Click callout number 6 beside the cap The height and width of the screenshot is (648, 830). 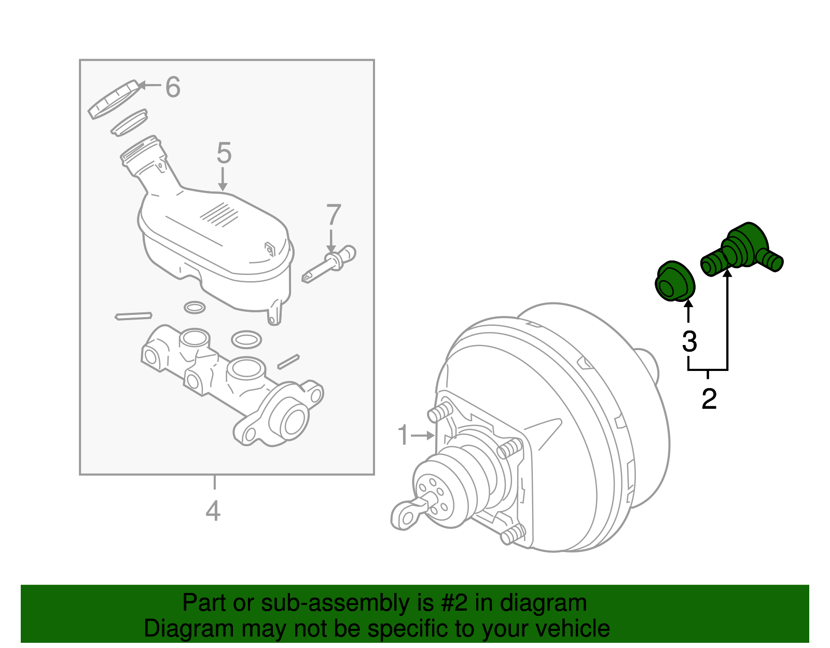(x=173, y=87)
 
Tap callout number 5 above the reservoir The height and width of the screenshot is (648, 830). (x=224, y=154)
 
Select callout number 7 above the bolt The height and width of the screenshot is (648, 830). (x=334, y=215)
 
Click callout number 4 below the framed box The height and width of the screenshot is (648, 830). (x=213, y=511)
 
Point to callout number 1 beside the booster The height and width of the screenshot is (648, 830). (x=403, y=435)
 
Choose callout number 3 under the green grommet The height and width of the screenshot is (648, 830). (x=689, y=342)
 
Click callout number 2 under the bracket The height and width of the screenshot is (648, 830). (x=709, y=399)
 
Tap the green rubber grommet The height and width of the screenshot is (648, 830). (x=674, y=282)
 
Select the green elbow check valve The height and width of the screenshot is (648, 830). (x=742, y=249)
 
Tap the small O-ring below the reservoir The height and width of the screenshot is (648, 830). (x=195, y=308)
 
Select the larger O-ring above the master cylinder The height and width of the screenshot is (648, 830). (x=246, y=340)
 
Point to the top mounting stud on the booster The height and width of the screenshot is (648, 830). (x=438, y=413)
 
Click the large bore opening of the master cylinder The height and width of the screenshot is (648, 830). (x=294, y=420)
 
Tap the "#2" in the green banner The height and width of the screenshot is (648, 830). (x=453, y=603)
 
